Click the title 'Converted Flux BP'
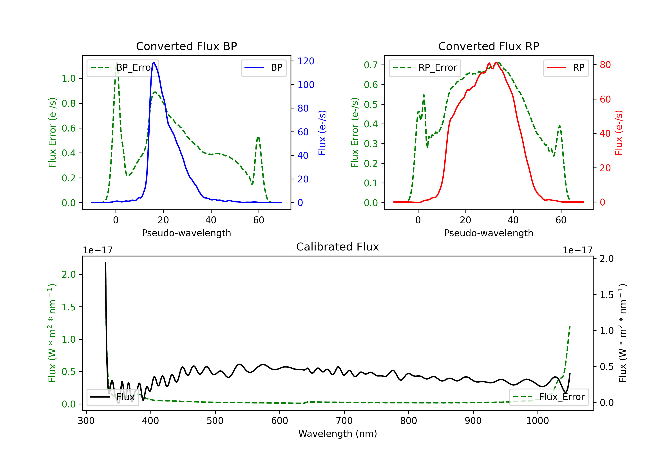(186, 46)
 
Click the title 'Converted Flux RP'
(489, 46)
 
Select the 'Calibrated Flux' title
(338, 247)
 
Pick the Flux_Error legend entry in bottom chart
(549, 397)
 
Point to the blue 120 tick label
(306, 61)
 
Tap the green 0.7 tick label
(371, 65)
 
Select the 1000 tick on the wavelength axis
(537, 421)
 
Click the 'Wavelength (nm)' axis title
(338, 434)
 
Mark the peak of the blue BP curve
(154, 62)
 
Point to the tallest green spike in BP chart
(116, 62)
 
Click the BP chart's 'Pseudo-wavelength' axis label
(186, 233)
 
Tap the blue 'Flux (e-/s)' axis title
(322, 133)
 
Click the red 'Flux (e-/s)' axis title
(619, 133)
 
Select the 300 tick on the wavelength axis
(86, 421)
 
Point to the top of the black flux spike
(105, 263)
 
